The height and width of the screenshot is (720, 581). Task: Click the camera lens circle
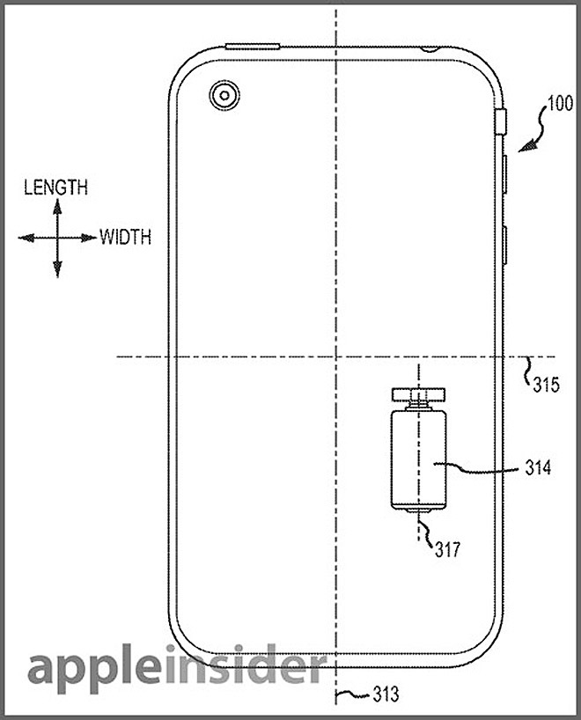click(223, 94)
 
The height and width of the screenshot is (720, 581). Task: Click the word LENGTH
click(55, 187)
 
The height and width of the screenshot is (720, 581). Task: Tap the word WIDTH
click(124, 237)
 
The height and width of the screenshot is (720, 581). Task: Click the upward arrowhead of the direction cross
click(56, 206)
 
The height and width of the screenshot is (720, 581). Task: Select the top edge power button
click(252, 46)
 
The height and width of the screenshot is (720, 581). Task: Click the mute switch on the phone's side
click(503, 121)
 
